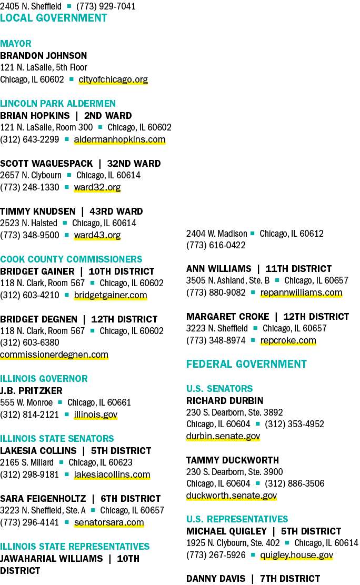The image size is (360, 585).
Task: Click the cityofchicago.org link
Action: tap(113, 79)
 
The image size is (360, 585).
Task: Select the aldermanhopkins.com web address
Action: tap(119, 139)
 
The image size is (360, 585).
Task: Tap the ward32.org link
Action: tap(97, 187)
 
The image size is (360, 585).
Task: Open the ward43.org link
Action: tap(97, 235)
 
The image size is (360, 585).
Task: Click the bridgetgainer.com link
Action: tap(111, 295)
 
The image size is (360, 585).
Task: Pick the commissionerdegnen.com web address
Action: tap(54, 355)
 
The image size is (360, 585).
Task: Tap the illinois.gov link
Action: tap(96, 415)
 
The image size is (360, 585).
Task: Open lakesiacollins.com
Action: tap(112, 475)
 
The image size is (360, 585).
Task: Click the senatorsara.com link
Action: tap(109, 522)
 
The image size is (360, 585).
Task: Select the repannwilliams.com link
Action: tap(301, 292)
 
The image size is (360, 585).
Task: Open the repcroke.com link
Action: tap(288, 340)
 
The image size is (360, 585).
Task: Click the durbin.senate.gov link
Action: tap(223, 436)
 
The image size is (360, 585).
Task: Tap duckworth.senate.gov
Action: tap(232, 496)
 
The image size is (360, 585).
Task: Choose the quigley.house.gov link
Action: tap(296, 555)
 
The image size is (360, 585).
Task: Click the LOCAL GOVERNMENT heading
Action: tap(53, 18)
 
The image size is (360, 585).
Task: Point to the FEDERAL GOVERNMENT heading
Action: tap(246, 364)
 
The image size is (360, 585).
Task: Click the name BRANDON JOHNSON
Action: tap(43, 56)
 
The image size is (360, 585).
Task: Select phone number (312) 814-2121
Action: tap(29, 415)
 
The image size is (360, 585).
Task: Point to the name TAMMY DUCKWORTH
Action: tap(233, 460)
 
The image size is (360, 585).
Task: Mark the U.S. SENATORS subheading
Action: tap(219, 389)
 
